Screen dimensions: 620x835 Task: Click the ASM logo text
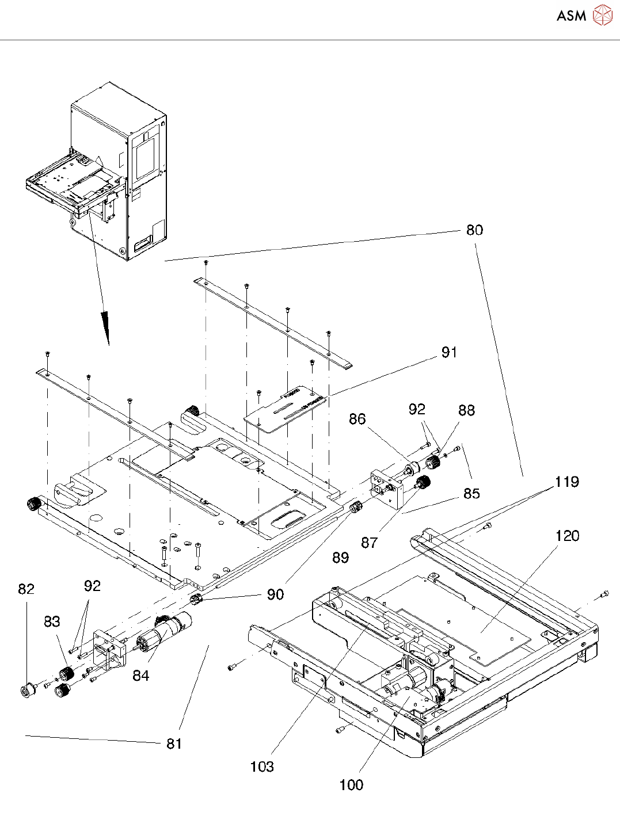tap(572, 16)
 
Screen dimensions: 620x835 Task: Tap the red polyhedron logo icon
tap(603, 15)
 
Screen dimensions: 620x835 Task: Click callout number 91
tap(450, 352)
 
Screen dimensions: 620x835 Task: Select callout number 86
tap(357, 418)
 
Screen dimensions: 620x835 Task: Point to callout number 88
tap(467, 410)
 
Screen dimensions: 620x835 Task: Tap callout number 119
tap(567, 482)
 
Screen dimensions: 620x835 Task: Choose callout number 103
tap(262, 767)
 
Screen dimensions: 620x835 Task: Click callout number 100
tap(351, 785)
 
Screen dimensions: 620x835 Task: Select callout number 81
tap(174, 744)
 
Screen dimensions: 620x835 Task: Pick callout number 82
tap(26, 589)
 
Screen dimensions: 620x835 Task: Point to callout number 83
tap(52, 622)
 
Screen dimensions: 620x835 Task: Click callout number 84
tap(141, 676)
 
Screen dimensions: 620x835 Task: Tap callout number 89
tap(340, 558)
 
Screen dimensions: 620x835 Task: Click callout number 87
tap(369, 543)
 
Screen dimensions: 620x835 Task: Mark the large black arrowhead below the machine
tap(106, 327)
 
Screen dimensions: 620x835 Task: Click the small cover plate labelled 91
tap(285, 409)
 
